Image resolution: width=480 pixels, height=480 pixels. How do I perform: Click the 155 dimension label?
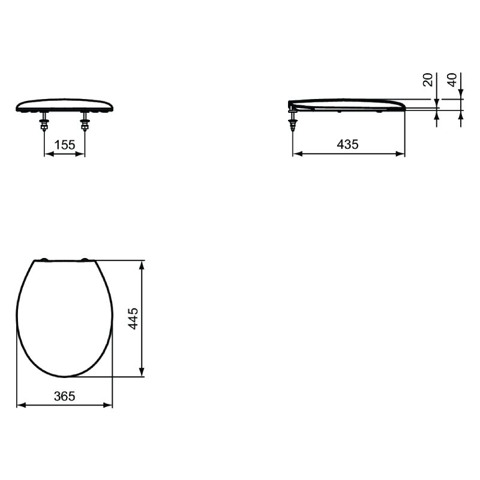[65, 145]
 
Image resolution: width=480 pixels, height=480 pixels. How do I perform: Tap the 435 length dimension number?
[347, 144]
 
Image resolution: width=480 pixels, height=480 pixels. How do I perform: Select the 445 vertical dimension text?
[133, 319]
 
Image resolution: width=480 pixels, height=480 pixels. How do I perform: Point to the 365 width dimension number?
[65, 396]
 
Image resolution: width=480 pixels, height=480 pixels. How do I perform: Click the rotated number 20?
[428, 80]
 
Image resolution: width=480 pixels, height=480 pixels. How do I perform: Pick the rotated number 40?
[452, 80]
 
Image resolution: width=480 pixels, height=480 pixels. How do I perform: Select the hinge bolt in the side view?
[293, 121]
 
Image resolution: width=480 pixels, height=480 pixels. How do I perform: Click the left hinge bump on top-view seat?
[44, 260]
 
